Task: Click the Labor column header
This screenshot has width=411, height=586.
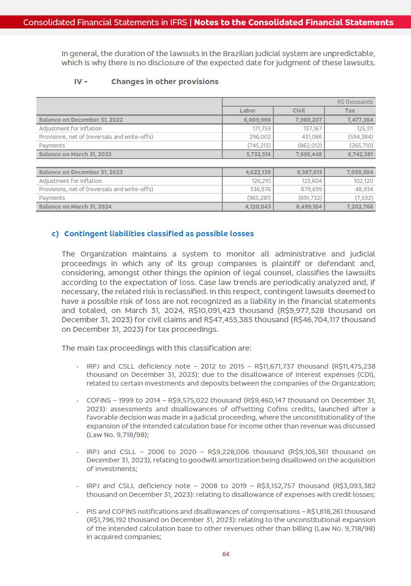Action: coord(248,110)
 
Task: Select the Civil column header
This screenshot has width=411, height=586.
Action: coord(299,110)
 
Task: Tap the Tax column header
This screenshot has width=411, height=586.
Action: coord(350,110)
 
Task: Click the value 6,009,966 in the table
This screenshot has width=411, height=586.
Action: coord(257,119)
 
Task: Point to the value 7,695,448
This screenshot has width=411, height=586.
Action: coord(308,154)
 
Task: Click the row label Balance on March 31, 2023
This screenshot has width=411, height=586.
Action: coord(75,154)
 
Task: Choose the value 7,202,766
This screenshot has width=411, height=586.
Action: coord(359,206)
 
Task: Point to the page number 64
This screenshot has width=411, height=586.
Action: coord(226,554)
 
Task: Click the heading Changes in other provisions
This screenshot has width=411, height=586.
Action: coord(165,81)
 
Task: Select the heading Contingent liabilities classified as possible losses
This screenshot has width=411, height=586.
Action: coord(159,233)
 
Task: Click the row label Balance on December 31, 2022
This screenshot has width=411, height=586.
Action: coord(81,119)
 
